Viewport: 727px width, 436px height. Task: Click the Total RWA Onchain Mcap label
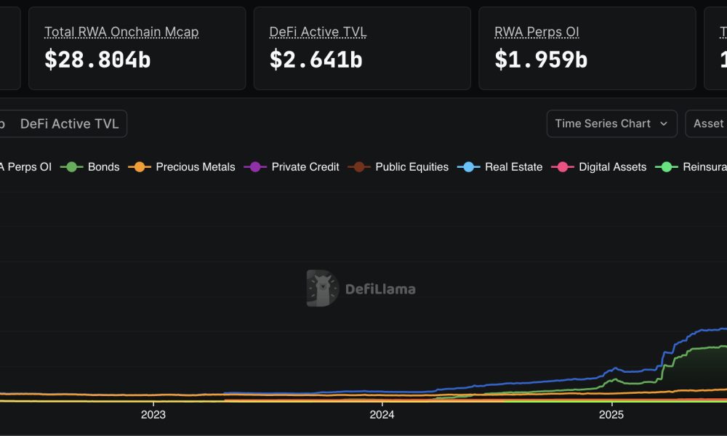[121, 32]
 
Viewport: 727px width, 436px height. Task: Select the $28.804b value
[97, 60]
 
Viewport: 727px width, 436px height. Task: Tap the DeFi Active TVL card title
[318, 32]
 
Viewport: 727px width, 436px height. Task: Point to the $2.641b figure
[316, 60]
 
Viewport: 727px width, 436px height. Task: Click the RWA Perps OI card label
[537, 32]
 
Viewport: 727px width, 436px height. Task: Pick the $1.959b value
[541, 60]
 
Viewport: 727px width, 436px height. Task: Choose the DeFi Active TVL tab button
[70, 124]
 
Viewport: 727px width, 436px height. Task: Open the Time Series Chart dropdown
[611, 124]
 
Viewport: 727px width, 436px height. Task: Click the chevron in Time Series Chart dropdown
[663, 124]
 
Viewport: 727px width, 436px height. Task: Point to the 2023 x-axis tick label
[153, 415]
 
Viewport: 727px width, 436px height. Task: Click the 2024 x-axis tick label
[382, 415]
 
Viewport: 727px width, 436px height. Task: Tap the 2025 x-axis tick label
[611, 415]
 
